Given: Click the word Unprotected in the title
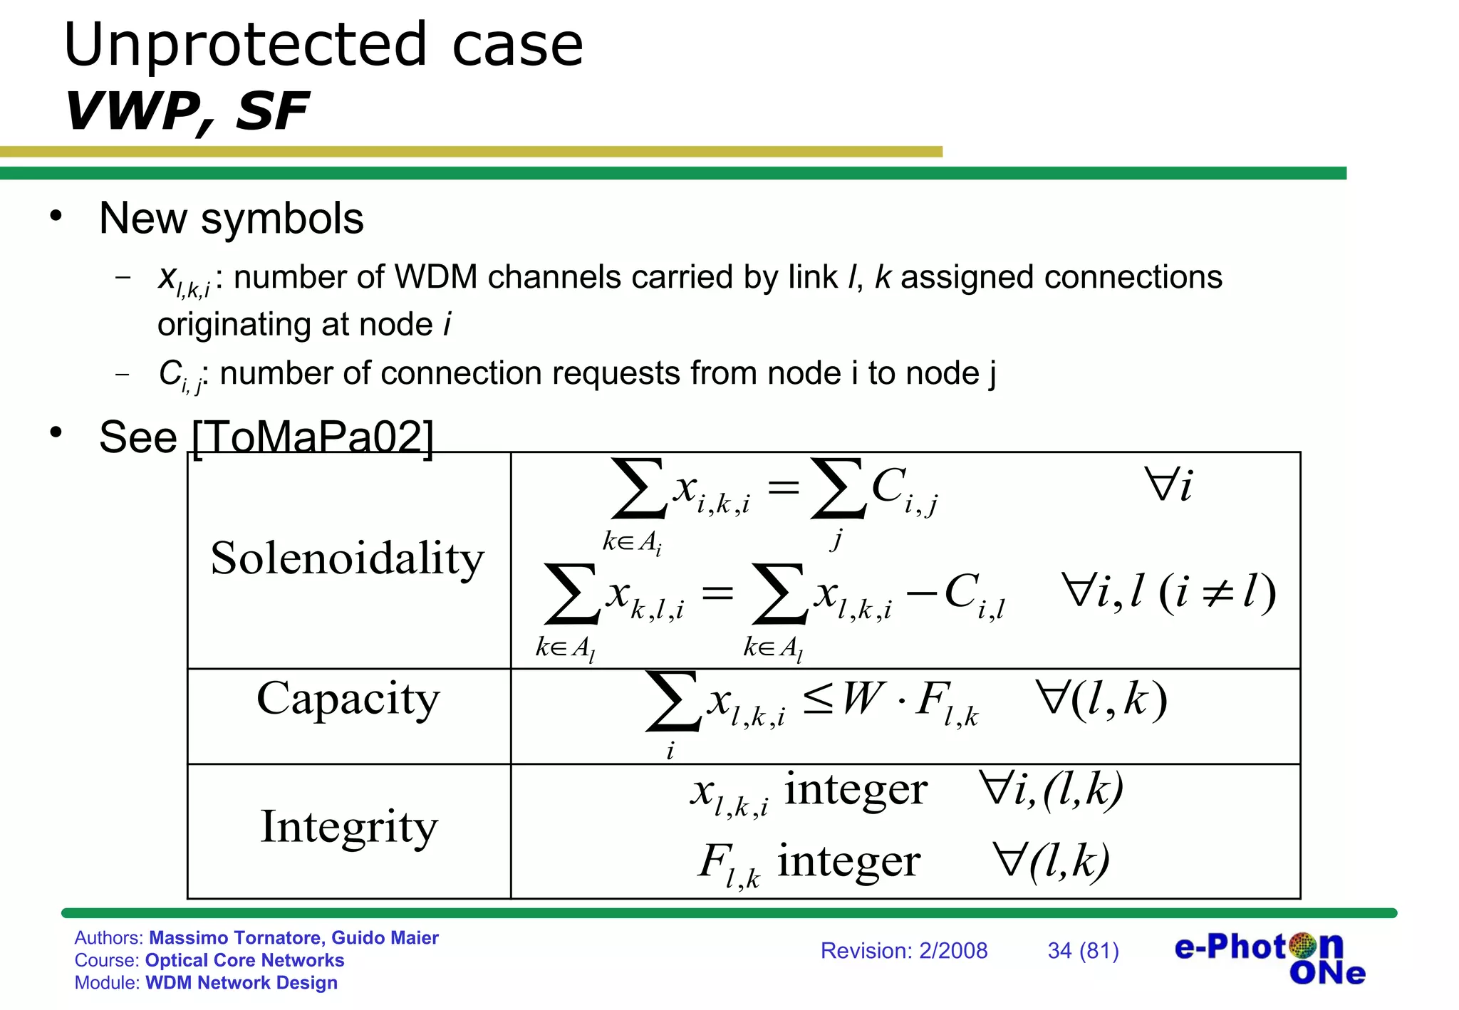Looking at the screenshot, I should point(246,46).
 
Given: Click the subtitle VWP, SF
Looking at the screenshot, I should point(187,112).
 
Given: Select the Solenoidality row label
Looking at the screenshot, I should point(347,558).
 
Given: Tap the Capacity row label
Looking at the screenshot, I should point(348,699).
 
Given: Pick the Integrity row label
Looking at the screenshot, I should point(348,827).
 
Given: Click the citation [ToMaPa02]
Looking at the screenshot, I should point(313,437).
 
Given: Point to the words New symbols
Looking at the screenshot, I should point(232,218).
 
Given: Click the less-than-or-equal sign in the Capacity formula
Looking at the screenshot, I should point(817,699).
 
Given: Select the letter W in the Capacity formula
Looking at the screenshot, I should point(863,698).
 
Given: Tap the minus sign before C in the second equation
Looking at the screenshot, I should point(922,593).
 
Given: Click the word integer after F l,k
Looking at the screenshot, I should point(848,861).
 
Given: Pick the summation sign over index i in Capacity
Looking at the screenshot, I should point(672,702).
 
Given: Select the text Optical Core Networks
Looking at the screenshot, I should point(244,960).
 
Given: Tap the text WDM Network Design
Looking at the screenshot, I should point(242,983).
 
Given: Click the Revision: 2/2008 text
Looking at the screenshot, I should point(903,951).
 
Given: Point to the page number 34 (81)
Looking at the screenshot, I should point(1083,951).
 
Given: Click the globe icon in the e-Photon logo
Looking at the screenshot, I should point(1303,946).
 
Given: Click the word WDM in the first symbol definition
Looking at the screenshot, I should point(435,278).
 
